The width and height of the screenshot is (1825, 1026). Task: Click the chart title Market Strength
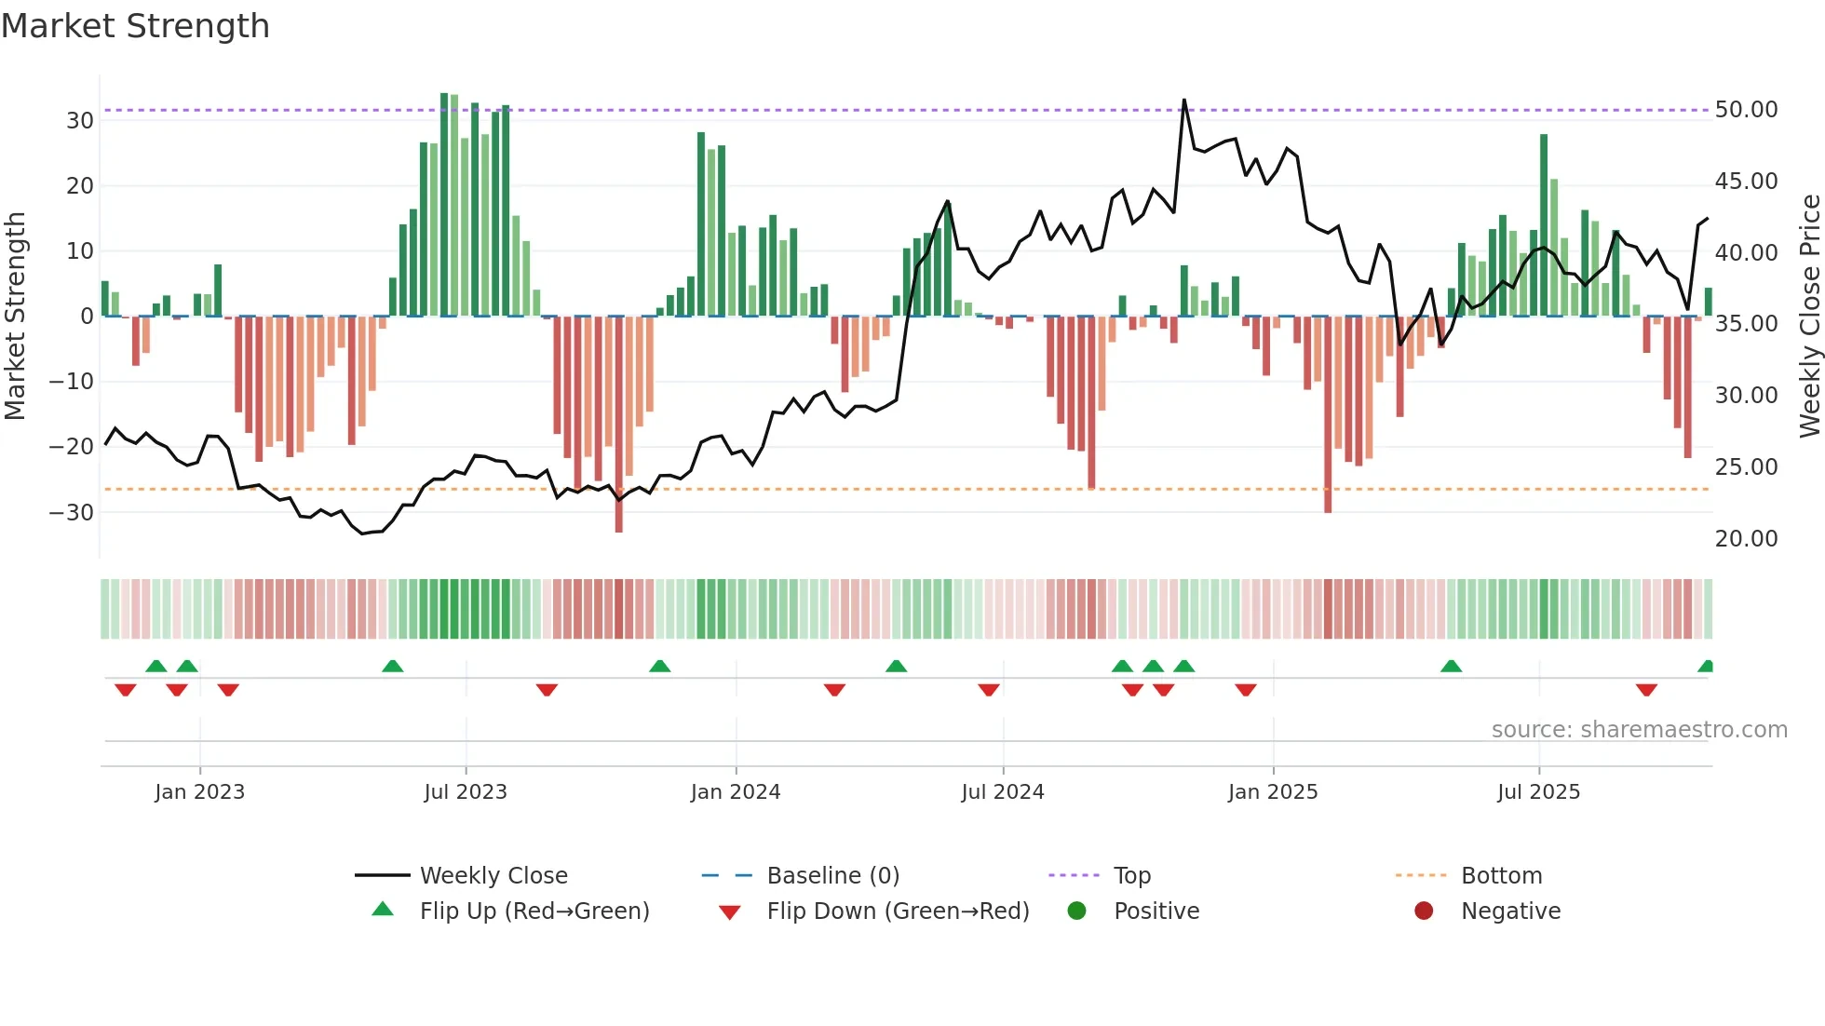135,26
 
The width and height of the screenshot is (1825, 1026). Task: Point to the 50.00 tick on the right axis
1746,110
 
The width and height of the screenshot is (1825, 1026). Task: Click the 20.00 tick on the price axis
1746,538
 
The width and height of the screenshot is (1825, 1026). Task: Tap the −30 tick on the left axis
72,512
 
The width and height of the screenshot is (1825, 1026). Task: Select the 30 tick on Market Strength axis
80,120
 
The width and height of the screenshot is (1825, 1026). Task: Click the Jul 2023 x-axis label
466,792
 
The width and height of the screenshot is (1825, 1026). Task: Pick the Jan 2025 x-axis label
1273,792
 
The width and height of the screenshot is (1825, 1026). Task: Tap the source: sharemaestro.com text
1639,730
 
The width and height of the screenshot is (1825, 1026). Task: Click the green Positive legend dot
1077,911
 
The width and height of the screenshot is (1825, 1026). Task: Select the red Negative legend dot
1424,911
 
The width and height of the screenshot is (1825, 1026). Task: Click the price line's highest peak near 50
1184,100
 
